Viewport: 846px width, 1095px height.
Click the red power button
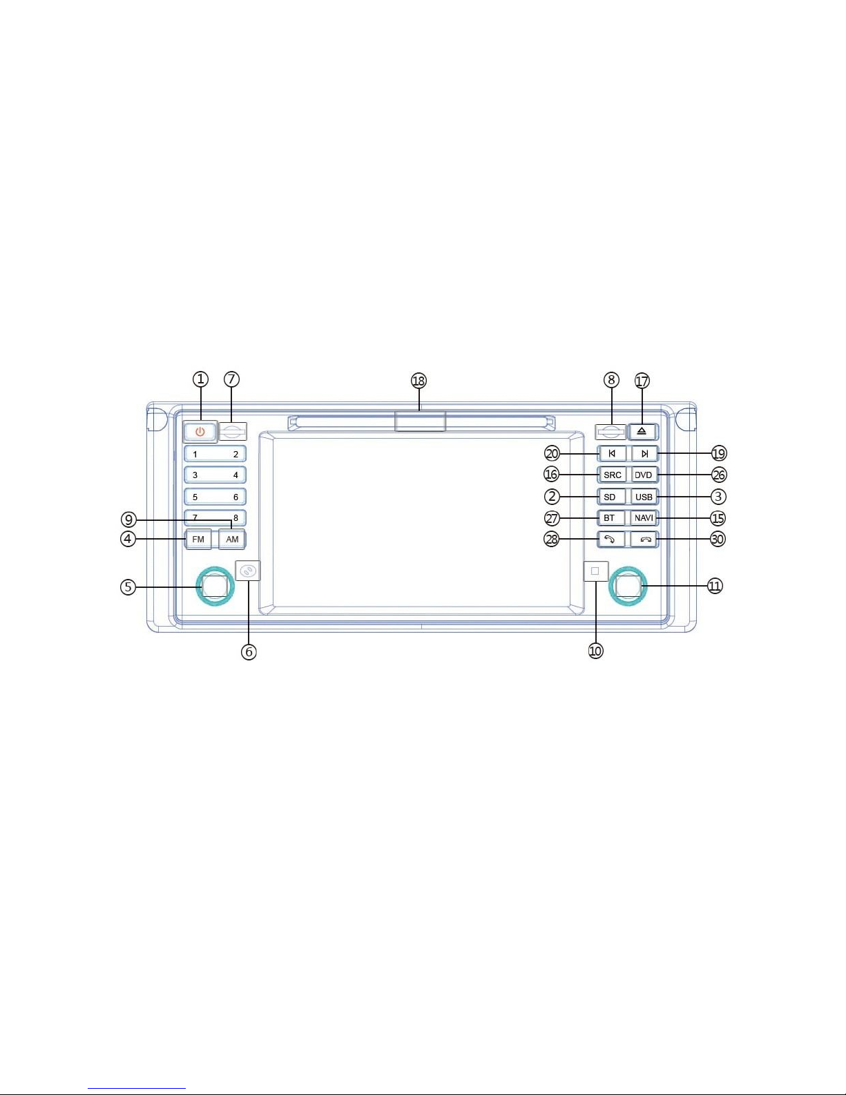point(200,432)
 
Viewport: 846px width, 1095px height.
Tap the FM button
point(198,539)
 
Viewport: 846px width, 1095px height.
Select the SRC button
point(613,475)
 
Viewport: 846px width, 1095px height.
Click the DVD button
point(644,475)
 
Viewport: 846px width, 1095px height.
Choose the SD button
point(611,497)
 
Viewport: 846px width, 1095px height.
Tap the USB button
point(644,497)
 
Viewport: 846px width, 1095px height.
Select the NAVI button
point(644,518)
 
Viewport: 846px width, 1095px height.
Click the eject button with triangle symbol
point(642,432)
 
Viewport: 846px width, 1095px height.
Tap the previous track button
point(613,453)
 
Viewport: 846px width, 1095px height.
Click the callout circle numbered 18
point(419,381)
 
